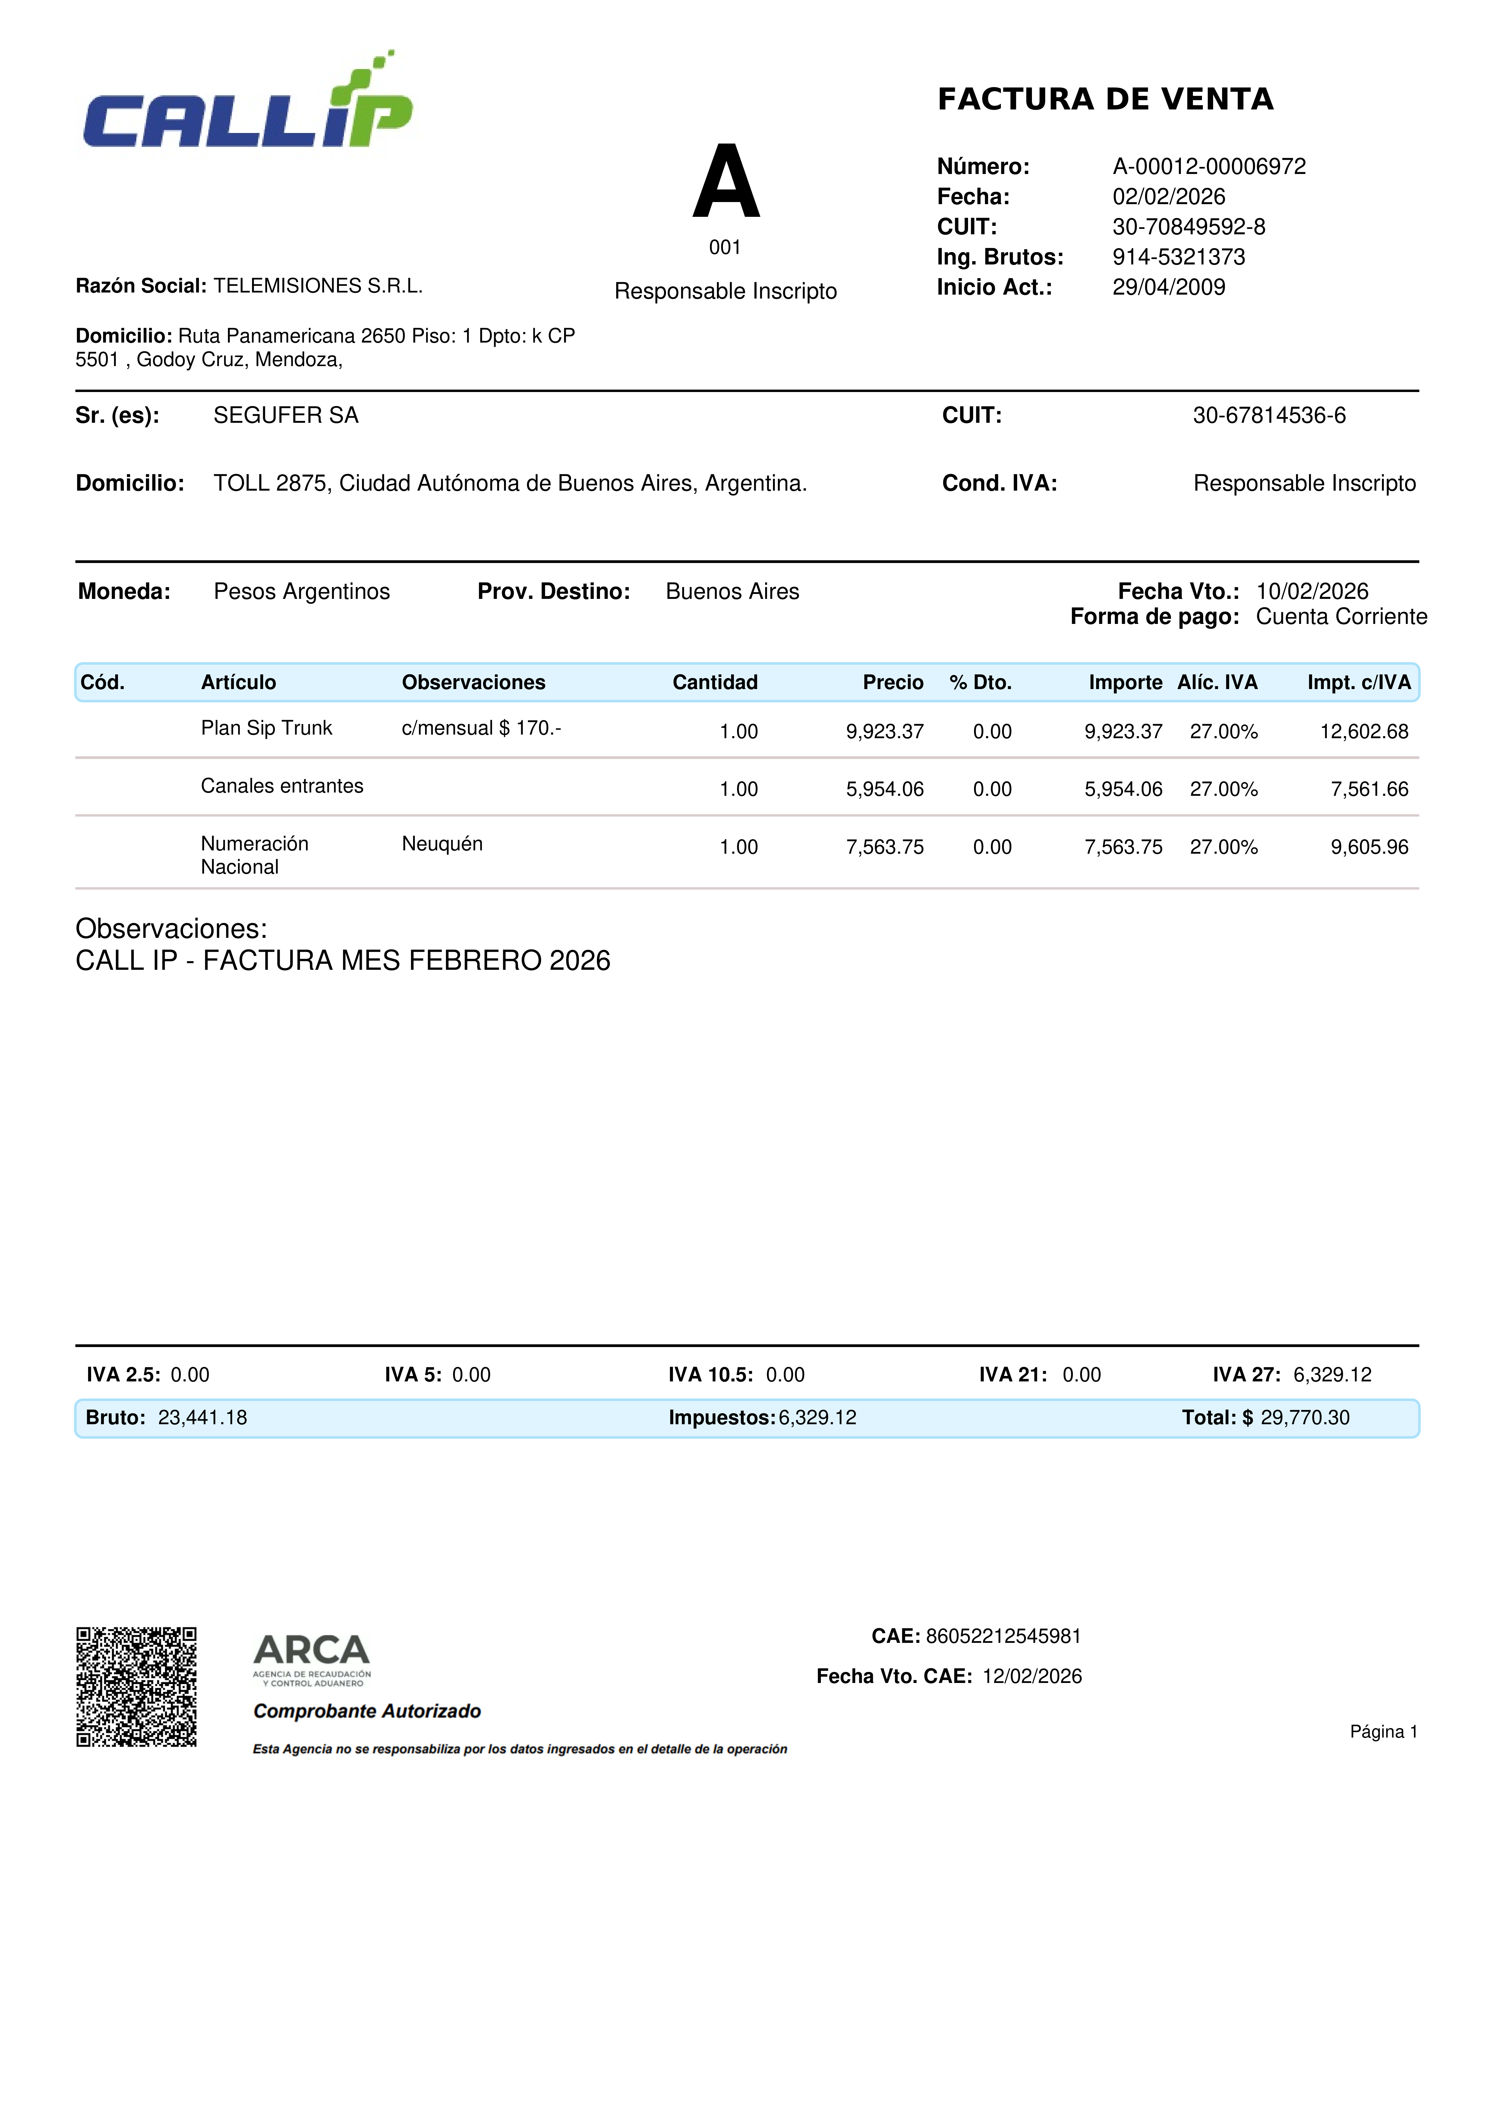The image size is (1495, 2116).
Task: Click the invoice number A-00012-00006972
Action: (1209, 167)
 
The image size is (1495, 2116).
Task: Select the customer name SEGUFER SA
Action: (285, 416)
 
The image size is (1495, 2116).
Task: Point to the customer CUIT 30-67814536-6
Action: (1268, 416)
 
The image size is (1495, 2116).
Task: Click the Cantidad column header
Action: (715, 682)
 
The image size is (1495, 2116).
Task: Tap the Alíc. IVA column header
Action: (1217, 682)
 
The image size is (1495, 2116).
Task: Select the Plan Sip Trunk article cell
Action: (266, 728)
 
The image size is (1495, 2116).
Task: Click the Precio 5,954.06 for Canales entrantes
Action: (884, 789)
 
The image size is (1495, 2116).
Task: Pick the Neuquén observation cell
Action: (442, 844)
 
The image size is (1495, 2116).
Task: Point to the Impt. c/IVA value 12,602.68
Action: (1363, 732)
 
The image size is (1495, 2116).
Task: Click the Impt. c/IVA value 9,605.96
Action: (1369, 847)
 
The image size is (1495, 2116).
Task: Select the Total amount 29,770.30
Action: (1304, 1417)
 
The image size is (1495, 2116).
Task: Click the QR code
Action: (136, 1687)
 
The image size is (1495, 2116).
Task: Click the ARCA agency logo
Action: (311, 1659)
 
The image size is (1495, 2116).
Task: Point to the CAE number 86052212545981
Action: (1003, 1636)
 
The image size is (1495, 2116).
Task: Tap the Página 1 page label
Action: (1383, 1732)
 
